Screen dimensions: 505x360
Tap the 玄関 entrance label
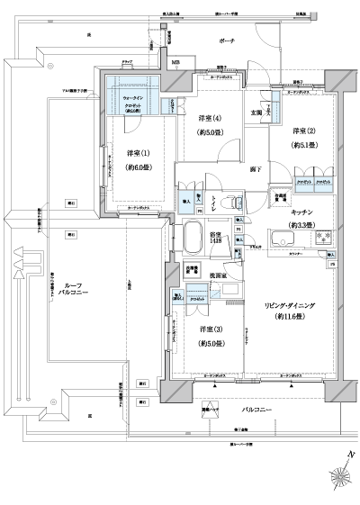[x=256, y=113]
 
